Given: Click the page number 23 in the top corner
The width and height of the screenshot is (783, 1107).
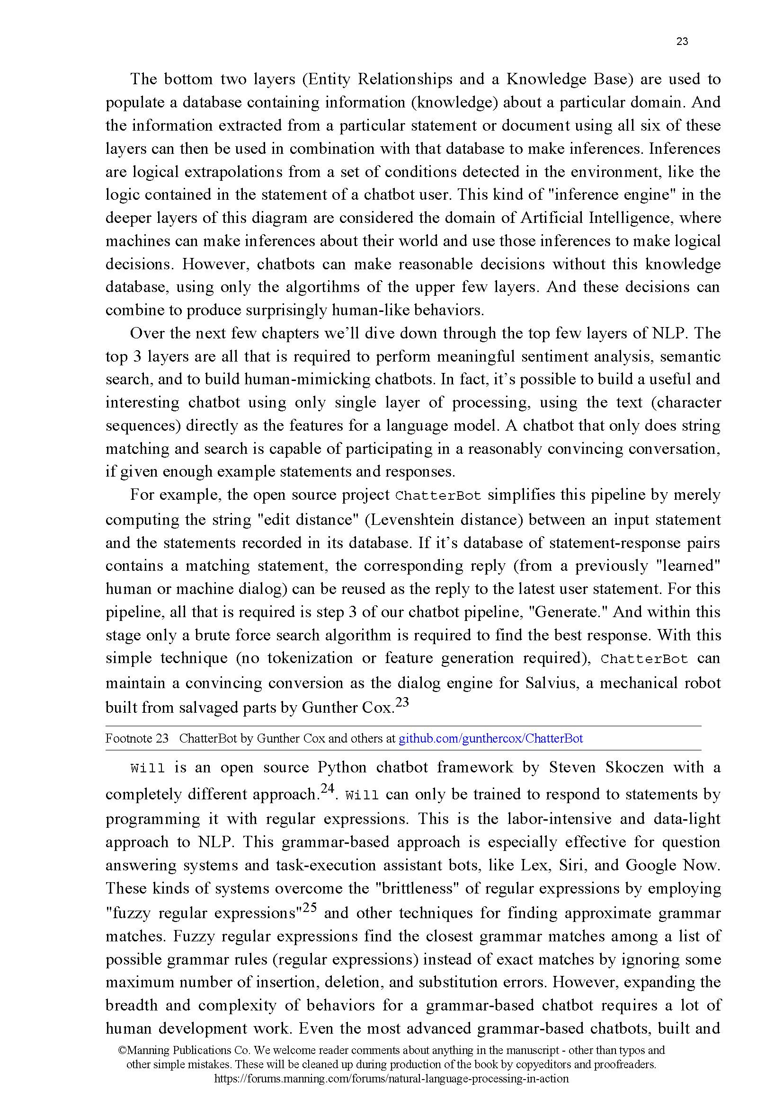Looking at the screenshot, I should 682,42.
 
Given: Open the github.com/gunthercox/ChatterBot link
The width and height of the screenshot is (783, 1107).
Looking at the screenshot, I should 491,738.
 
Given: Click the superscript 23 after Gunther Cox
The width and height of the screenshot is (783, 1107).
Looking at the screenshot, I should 401,702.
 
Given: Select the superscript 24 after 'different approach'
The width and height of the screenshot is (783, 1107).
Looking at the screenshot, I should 328,789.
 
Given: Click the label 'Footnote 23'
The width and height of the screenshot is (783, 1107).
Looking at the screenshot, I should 137,738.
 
